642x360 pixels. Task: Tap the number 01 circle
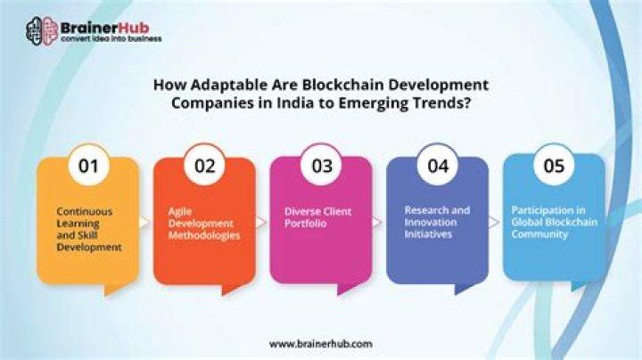click(x=88, y=166)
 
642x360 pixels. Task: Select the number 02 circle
click(x=204, y=166)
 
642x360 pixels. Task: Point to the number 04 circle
click(x=437, y=166)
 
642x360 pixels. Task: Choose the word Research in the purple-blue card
click(x=424, y=210)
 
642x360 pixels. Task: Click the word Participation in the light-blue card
click(x=538, y=210)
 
